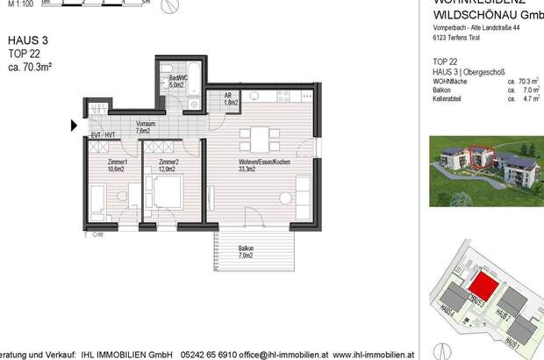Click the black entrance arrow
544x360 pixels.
[x=75, y=126]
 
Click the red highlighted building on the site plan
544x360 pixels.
[x=481, y=285]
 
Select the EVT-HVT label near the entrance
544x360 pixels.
[x=104, y=136]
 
